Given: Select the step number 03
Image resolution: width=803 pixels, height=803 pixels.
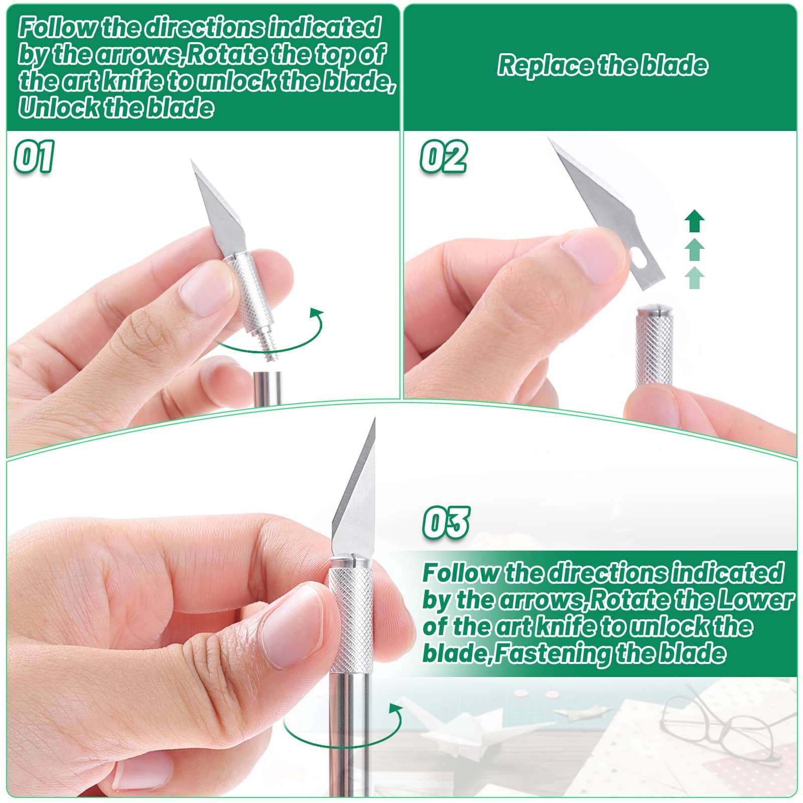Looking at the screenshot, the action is coord(446,522).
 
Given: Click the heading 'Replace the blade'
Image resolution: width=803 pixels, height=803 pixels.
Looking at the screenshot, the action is coord(602,66).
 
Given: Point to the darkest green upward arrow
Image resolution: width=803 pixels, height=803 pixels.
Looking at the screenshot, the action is coord(695,221).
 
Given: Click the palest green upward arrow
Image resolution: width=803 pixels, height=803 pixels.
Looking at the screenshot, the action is coord(695,278).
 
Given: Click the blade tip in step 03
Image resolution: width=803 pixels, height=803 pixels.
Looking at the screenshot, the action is coord(374,418).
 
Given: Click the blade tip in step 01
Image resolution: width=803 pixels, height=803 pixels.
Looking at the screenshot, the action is coord(192,161).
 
